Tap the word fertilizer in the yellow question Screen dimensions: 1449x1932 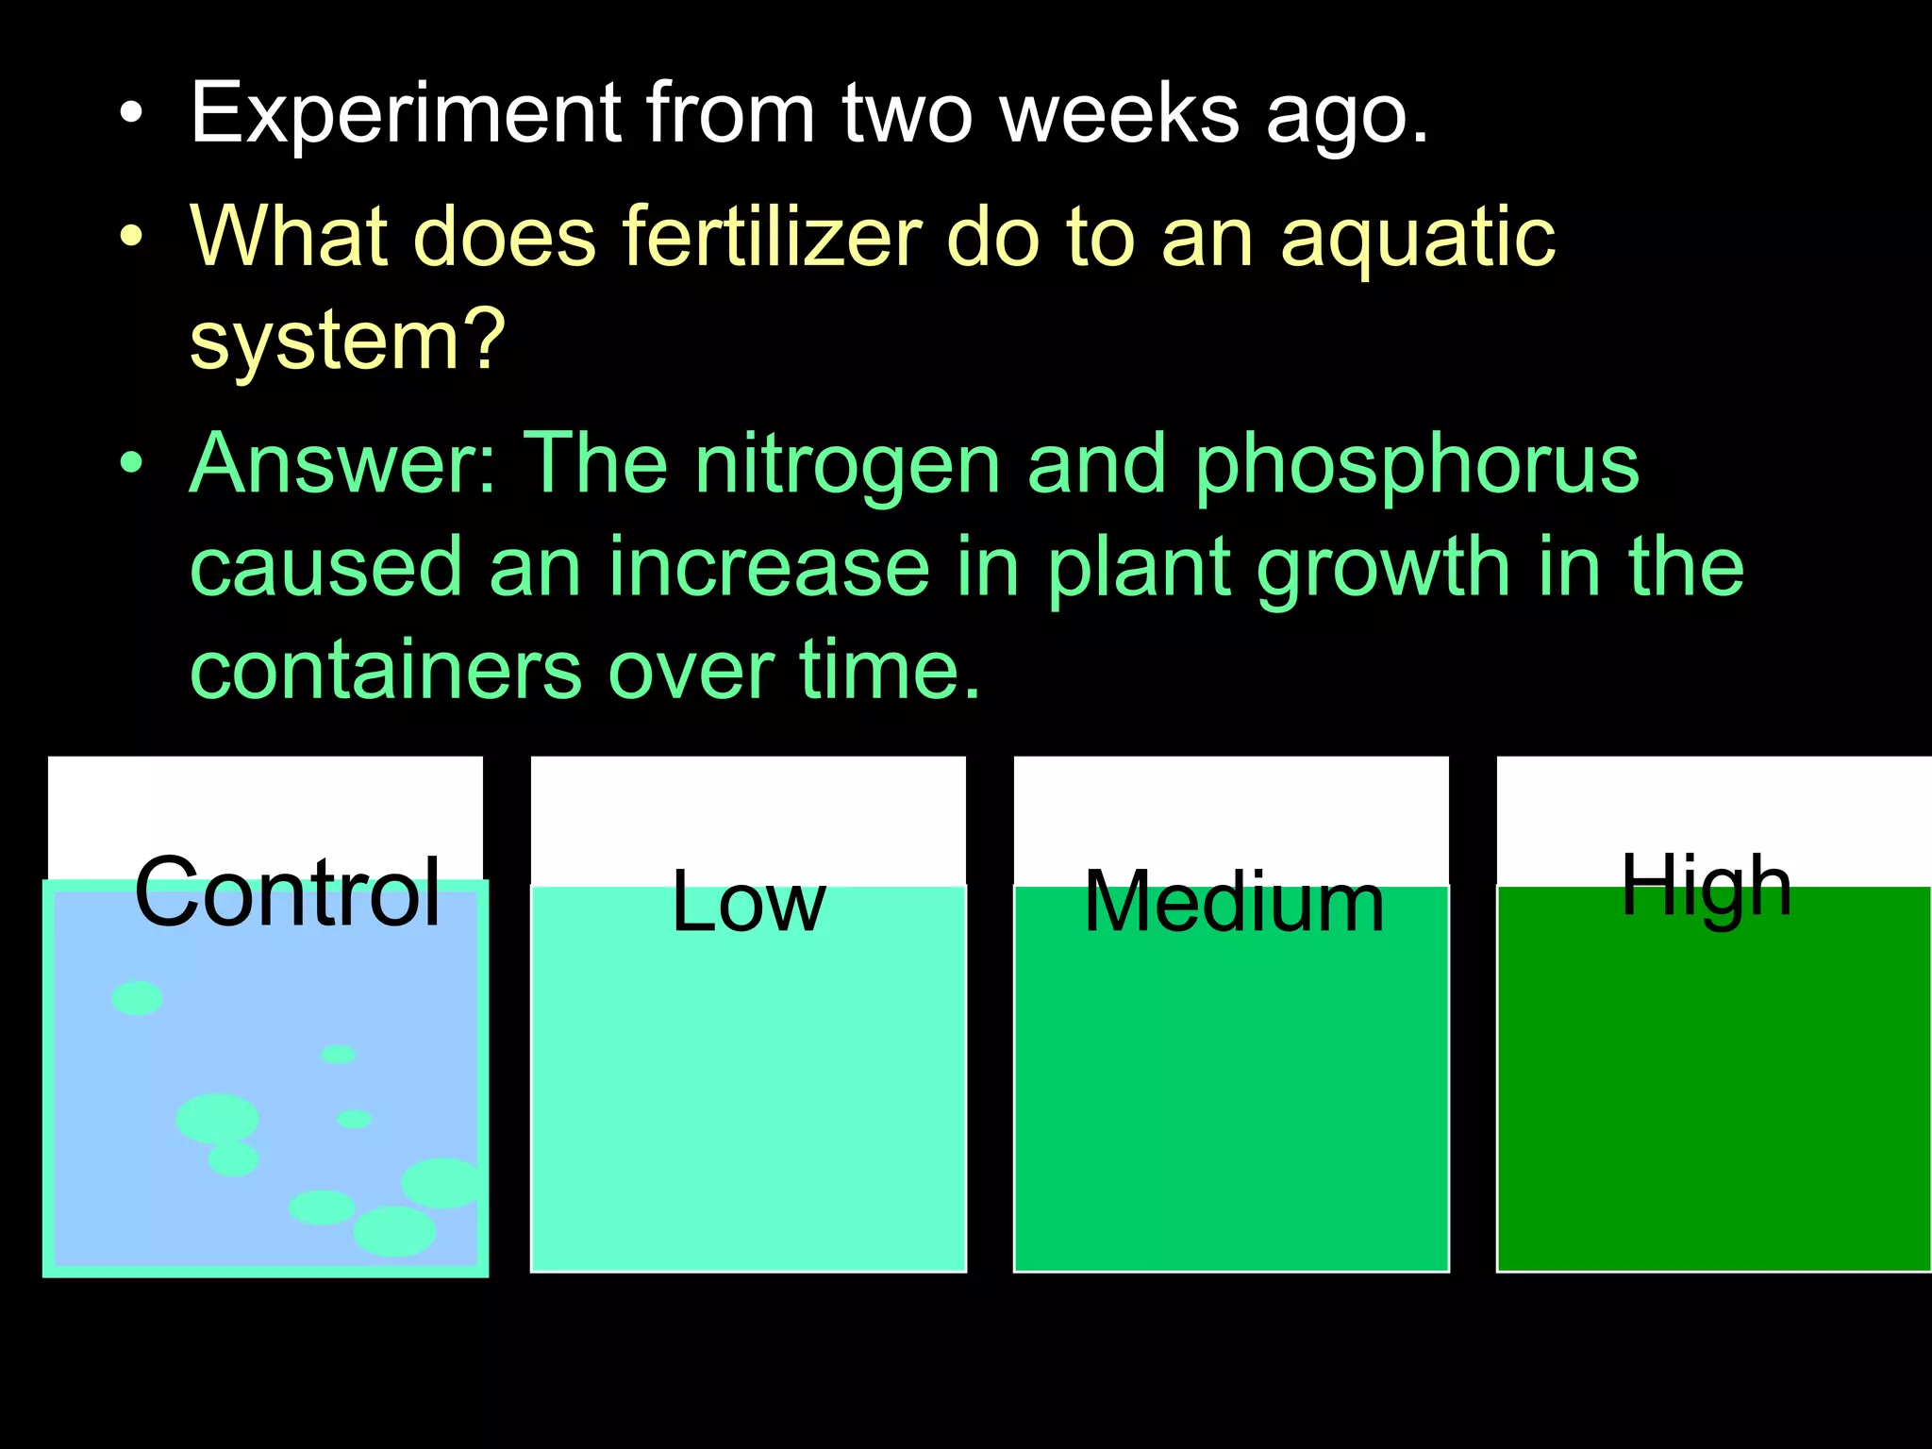click(772, 237)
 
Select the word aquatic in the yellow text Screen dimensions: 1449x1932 click(1418, 239)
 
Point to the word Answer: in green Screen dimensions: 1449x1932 click(341, 463)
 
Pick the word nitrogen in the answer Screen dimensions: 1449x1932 click(846, 465)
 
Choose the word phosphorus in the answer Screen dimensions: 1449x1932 click(1417, 465)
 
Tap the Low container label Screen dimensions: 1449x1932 click(748, 903)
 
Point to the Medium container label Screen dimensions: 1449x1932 click(1234, 902)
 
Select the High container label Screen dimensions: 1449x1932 click(1706, 887)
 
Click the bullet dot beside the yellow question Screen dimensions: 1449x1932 click(132, 235)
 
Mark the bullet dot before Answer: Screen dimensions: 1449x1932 click(132, 463)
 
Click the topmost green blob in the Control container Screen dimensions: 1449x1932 click(137, 998)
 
